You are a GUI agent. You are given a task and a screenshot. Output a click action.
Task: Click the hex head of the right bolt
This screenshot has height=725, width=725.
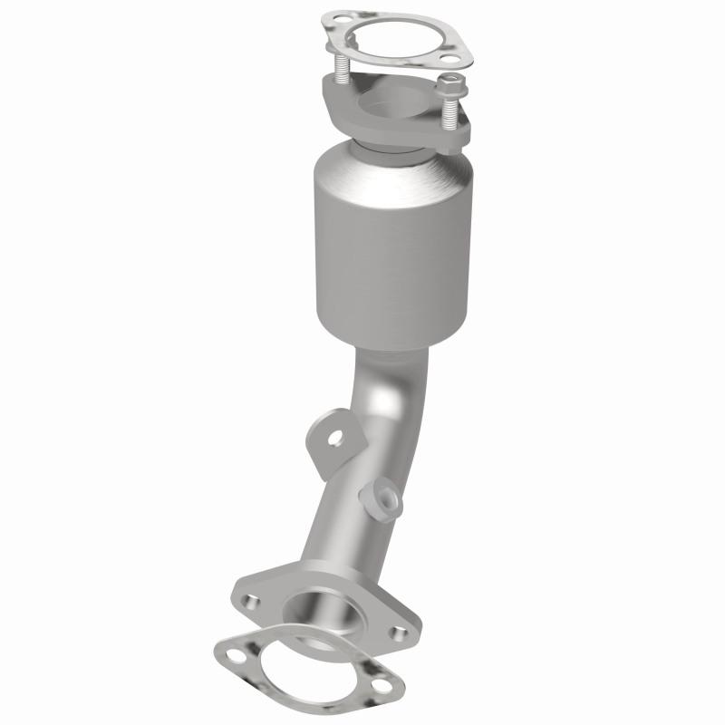447,86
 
